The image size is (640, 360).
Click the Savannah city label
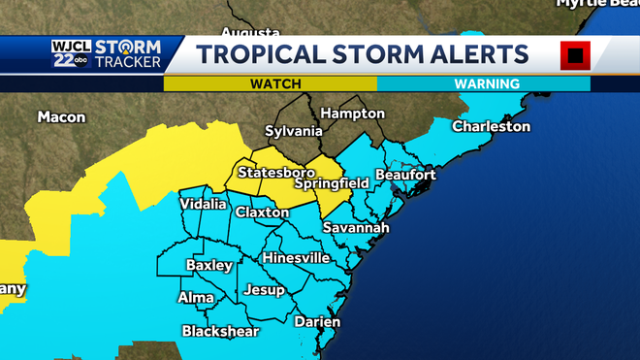pos(357,227)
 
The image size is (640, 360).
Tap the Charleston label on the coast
pos(491,126)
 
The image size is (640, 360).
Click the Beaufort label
pos(405,175)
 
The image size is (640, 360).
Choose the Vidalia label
pos(204,205)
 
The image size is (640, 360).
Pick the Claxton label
pos(262,212)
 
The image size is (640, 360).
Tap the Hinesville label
pos(296,258)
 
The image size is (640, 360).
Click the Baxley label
pos(209,265)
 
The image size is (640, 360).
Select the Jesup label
pos(264,289)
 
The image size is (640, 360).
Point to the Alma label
pos(195,297)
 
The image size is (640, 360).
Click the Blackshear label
pos(220,332)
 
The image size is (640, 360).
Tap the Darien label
pos(317,321)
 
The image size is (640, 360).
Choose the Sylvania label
pos(294,131)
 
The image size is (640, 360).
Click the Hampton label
pos(352,113)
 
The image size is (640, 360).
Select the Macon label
pos(62,117)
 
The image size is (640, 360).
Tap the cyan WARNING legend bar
pos(483,84)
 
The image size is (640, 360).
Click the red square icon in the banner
pos(575,55)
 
